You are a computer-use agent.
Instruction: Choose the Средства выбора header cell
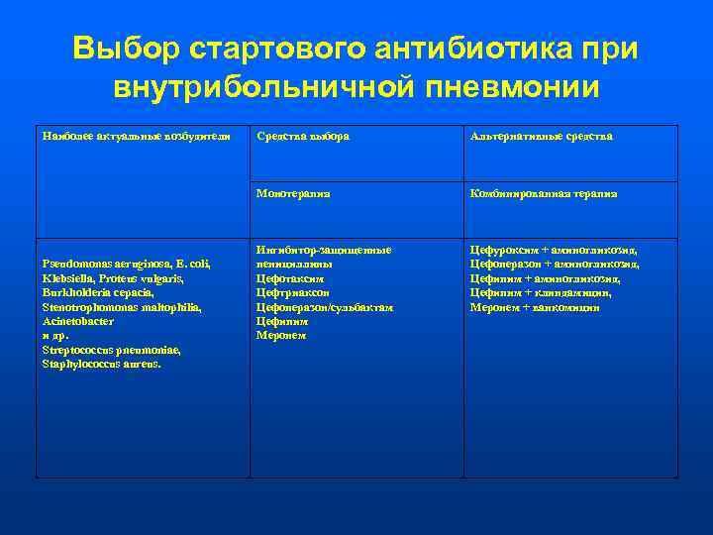302,136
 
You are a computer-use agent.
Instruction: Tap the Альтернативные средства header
542,136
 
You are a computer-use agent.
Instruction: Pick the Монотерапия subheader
293,194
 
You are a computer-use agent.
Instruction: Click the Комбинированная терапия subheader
544,194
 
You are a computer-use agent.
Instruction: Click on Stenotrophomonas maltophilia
122,307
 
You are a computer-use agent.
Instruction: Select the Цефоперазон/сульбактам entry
324,307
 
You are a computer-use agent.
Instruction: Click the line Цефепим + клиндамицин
540,292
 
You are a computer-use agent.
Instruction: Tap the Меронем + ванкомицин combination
534,307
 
